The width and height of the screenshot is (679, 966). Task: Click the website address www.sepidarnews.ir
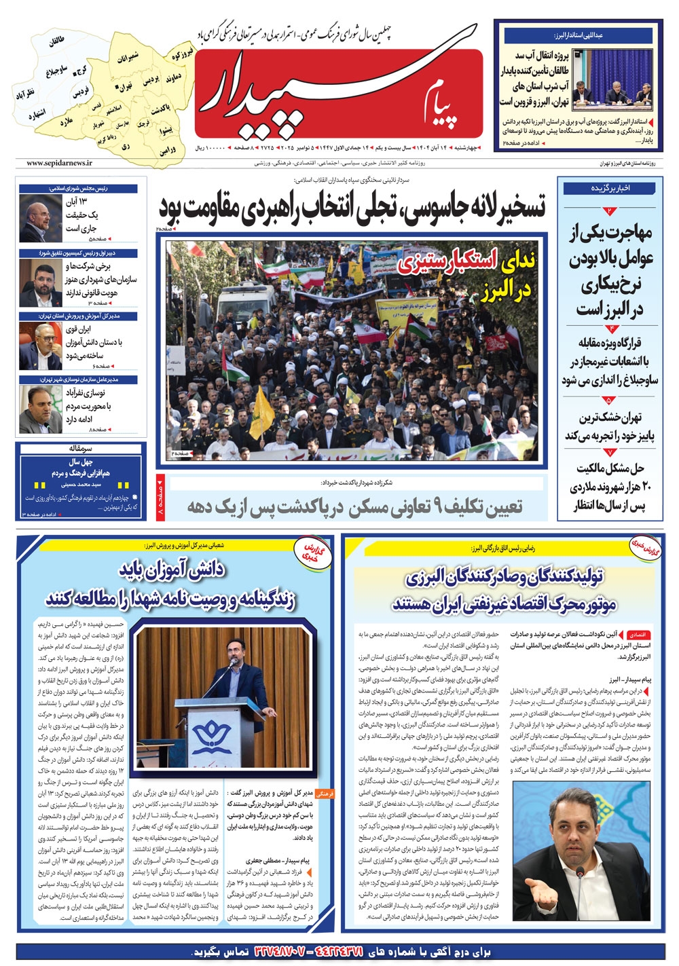(x=60, y=163)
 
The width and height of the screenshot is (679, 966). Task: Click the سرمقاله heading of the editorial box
(x=81, y=449)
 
